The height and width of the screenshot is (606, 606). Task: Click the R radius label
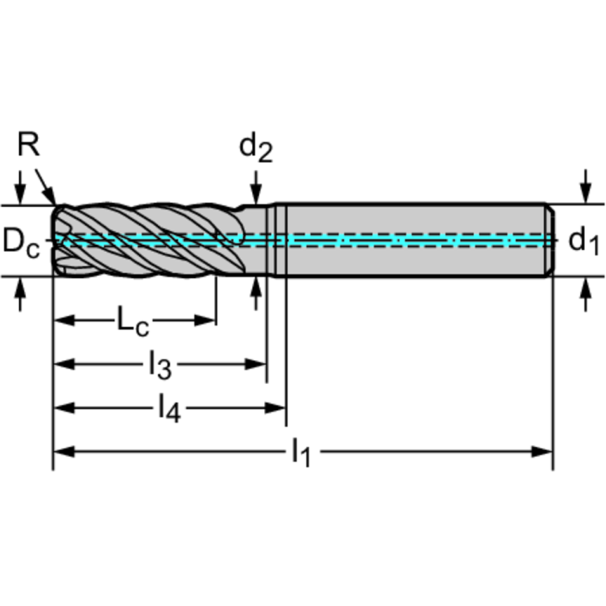[28, 145]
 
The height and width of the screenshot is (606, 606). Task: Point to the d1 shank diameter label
[583, 240]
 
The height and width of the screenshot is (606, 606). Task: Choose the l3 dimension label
[160, 364]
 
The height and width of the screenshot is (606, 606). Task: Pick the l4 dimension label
[168, 408]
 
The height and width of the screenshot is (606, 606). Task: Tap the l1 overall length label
[301, 452]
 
